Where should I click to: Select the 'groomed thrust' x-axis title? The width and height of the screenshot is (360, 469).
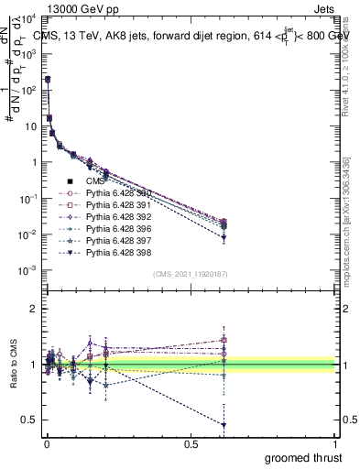[304, 457]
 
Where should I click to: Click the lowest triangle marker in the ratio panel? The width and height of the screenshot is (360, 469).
[224, 425]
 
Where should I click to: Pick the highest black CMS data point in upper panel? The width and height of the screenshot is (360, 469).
[47, 80]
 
